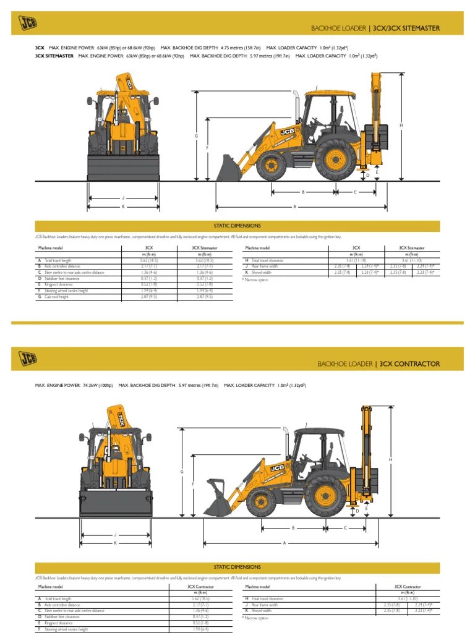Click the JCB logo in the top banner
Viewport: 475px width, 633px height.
click(27, 23)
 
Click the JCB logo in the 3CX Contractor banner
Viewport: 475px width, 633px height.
click(27, 359)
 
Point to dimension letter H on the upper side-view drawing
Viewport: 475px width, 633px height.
click(401, 125)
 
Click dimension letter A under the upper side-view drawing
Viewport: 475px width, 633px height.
click(294, 206)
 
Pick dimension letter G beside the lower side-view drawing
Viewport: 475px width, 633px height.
click(182, 472)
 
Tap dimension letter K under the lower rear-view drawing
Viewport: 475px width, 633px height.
click(115, 543)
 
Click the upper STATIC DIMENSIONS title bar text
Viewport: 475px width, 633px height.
click(237, 226)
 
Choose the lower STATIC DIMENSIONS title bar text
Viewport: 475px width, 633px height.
click(237, 567)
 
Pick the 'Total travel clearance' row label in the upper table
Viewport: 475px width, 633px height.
click(267, 260)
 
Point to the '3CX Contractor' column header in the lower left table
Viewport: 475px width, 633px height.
click(200, 586)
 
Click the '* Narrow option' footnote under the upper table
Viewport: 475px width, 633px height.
click(255, 279)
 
